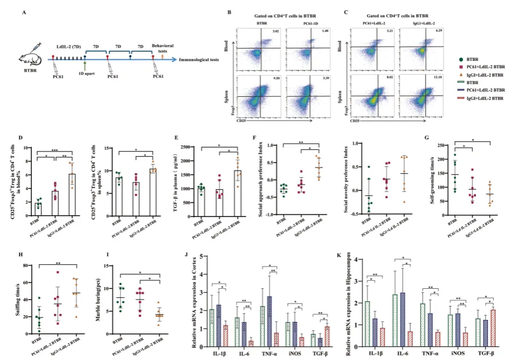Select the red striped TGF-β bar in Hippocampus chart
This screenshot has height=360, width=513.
pyautogui.click(x=493, y=327)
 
